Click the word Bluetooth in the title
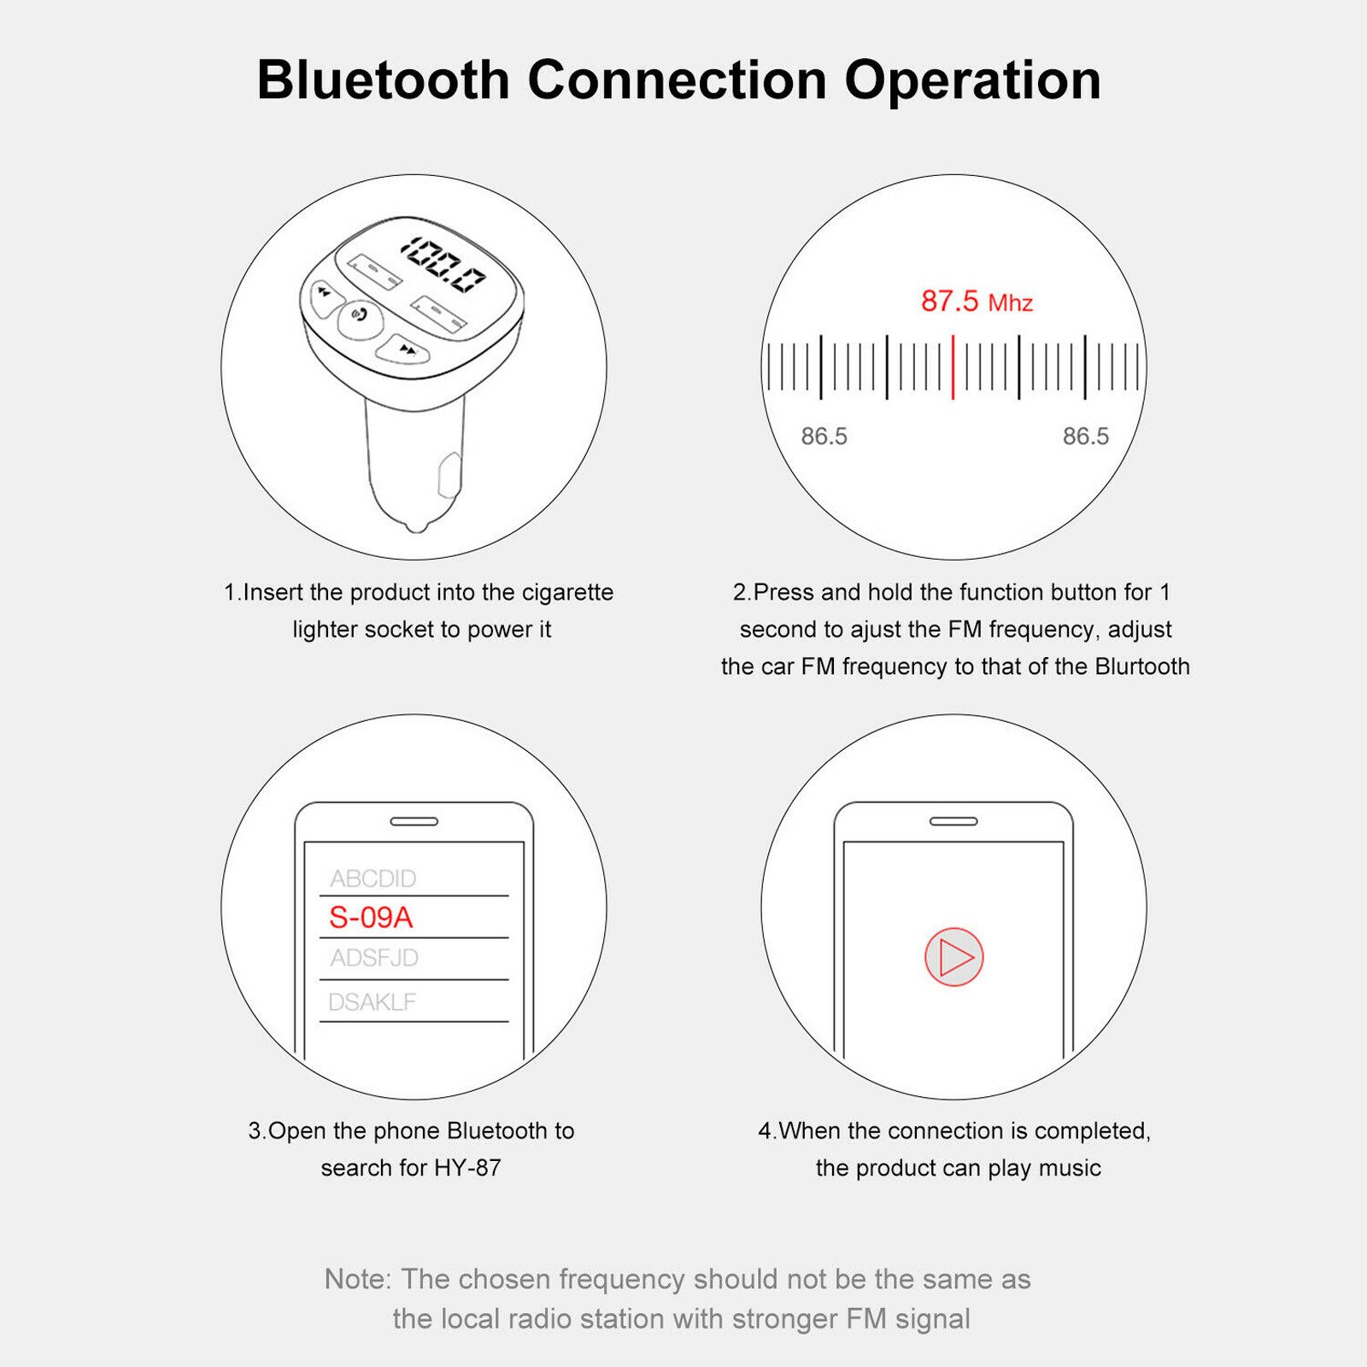coord(383,80)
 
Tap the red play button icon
coord(954,957)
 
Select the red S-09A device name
coord(371,918)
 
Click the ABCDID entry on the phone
coord(373,878)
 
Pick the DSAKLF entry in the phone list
coord(373,1002)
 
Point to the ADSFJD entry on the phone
coord(374,958)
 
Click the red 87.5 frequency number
coord(949,301)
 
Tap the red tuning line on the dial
coord(953,367)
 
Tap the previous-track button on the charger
coord(325,295)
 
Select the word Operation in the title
coord(972,80)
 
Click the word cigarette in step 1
coord(567,592)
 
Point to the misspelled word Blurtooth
coord(1142,666)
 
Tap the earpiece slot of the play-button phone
coord(953,821)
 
